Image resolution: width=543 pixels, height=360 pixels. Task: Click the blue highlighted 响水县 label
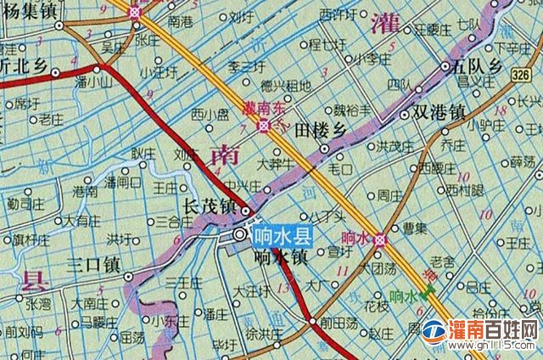pyautogui.click(x=283, y=235)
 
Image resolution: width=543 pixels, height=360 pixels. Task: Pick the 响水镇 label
pyautogui.click(x=280, y=256)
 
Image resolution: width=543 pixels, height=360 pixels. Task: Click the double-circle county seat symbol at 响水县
pyautogui.click(x=240, y=234)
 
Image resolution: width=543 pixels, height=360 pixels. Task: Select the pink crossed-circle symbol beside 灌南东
pyautogui.click(x=265, y=126)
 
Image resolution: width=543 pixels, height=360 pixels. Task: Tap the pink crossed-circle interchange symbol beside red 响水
pyautogui.click(x=379, y=239)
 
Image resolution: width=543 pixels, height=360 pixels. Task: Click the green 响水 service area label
pyautogui.click(x=402, y=296)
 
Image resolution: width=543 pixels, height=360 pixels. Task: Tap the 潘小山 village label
pyautogui.click(x=93, y=83)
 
